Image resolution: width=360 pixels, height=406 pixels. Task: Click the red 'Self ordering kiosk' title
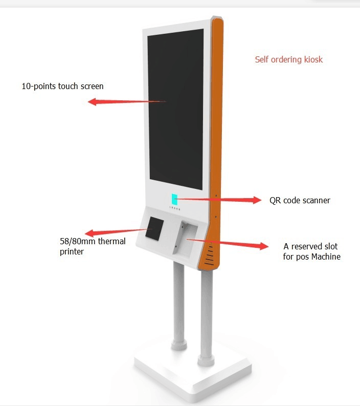(289, 59)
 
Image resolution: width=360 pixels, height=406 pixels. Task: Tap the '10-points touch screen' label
(62, 86)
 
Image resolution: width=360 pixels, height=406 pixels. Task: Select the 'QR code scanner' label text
(300, 200)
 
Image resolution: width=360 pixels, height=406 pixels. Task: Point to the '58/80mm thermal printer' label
(93, 246)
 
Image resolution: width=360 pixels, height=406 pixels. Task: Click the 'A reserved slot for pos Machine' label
(311, 251)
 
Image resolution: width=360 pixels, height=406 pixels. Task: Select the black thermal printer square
(154, 228)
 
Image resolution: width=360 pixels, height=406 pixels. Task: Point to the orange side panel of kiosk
(218, 128)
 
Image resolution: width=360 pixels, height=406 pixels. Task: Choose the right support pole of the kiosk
(206, 317)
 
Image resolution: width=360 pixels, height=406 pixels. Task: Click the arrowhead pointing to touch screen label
(93, 102)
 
